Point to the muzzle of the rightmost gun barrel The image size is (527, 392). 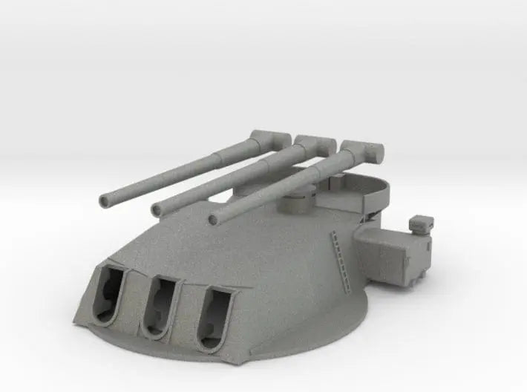click(215, 218)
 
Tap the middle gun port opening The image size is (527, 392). click(162, 303)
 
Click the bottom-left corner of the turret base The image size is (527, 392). click(76, 321)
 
